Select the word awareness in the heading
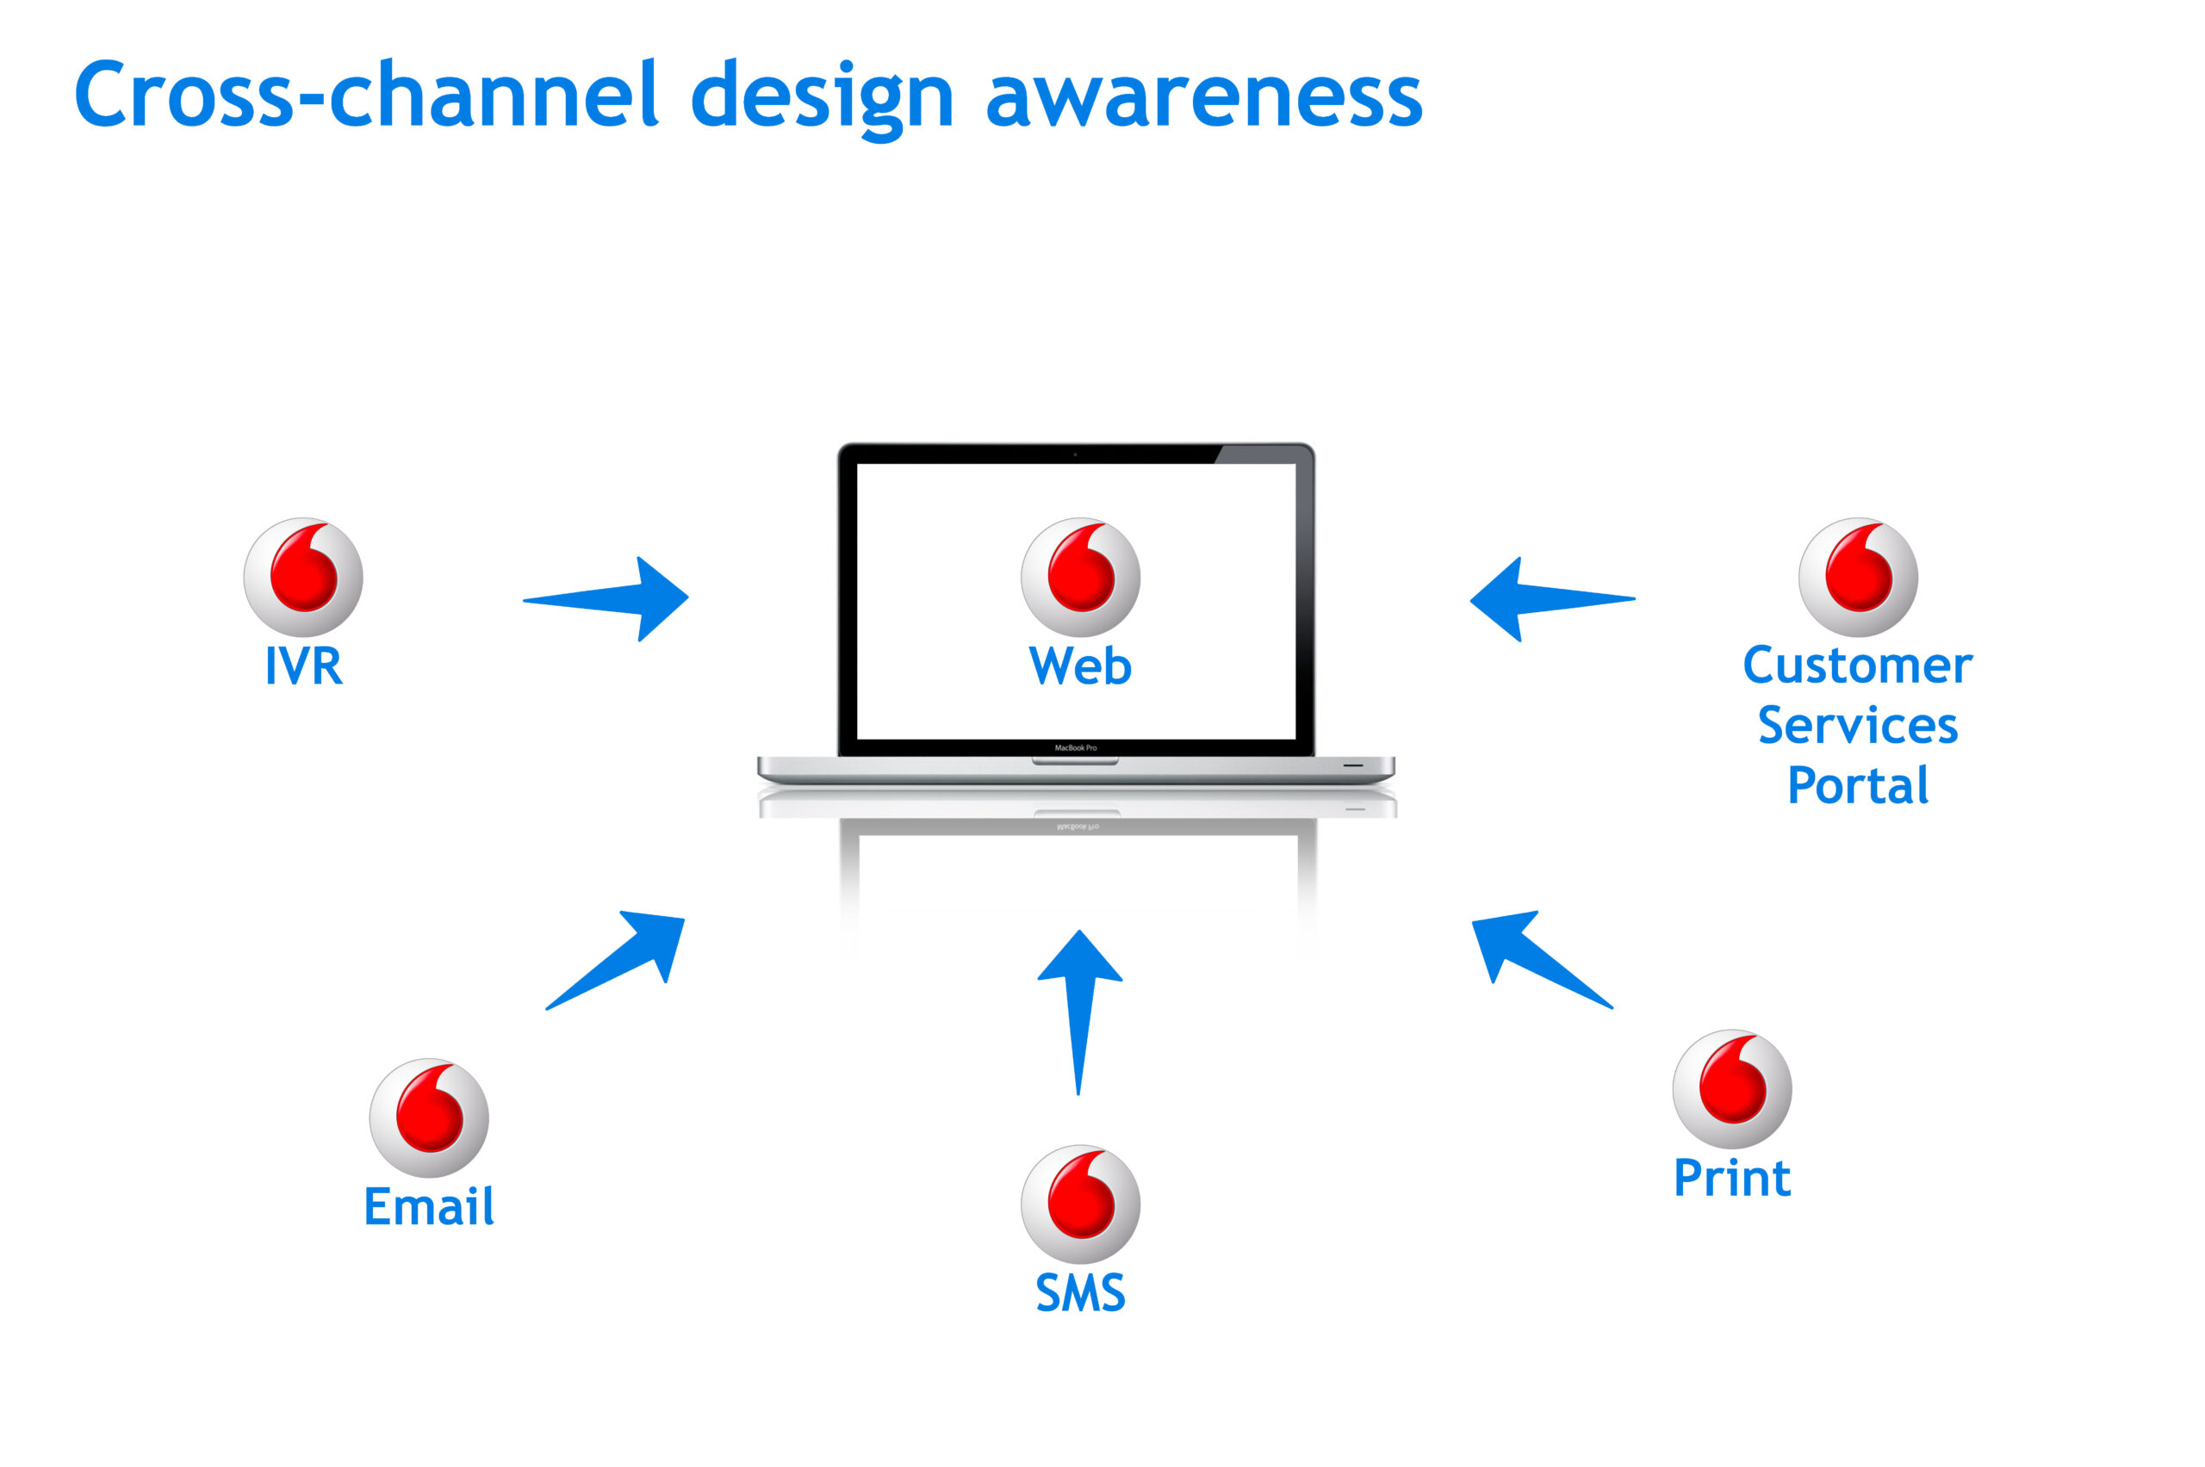tap(1203, 97)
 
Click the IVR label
tap(303, 666)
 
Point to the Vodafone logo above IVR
tap(303, 578)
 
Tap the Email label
tap(429, 1207)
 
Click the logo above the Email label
tap(429, 1118)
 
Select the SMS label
tap(1080, 1293)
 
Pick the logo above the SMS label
tap(1080, 1204)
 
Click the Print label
tap(1731, 1178)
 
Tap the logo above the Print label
tap(1731, 1089)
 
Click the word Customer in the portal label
tap(1857, 666)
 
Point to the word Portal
tap(1857, 786)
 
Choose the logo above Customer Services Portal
tap(1857, 578)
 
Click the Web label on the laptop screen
tap(1080, 666)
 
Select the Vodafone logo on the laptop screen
tap(1080, 578)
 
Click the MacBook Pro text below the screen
tap(1075, 747)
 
